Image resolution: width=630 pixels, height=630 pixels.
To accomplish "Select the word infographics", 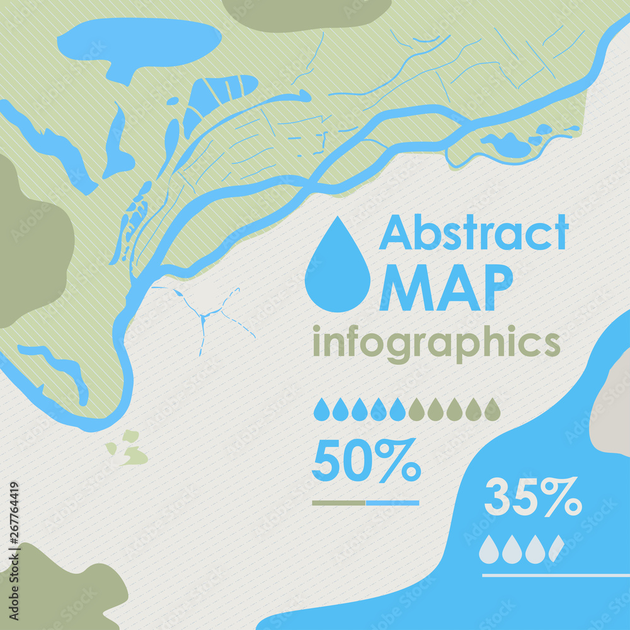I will [436, 344].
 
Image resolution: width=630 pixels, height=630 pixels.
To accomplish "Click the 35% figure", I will [532, 497].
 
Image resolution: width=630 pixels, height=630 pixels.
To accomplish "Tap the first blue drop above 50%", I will [321, 410].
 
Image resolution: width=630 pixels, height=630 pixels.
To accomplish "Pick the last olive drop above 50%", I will [493, 410].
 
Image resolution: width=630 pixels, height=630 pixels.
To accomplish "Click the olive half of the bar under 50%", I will [338, 503].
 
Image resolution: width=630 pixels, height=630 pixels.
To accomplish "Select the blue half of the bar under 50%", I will [392, 503].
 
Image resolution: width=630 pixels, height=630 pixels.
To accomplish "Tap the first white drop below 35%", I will [488, 550].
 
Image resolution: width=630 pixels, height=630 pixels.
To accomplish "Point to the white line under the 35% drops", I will [554, 575].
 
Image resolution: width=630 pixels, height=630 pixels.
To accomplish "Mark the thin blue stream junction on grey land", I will [203, 315].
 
